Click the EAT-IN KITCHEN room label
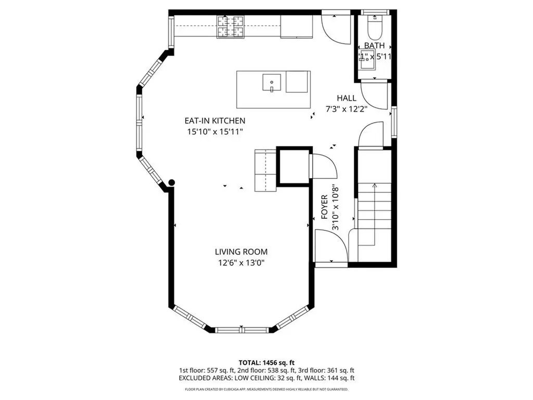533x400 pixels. [x=217, y=120]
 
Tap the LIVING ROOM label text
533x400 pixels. [x=241, y=252]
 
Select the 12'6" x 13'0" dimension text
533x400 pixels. [x=241, y=263]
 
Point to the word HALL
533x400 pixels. [x=346, y=98]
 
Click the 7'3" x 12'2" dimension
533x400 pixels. [x=346, y=109]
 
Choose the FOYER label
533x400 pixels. [x=324, y=206]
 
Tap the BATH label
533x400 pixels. [x=374, y=46]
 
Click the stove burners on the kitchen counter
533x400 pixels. [x=230, y=26]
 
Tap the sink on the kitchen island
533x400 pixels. [x=272, y=83]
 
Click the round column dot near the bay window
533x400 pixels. [x=171, y=182]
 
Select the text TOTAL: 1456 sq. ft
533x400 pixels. [x=266, y=362]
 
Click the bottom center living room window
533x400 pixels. [x=242, y=329]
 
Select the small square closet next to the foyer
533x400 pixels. [x=293, y=166]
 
